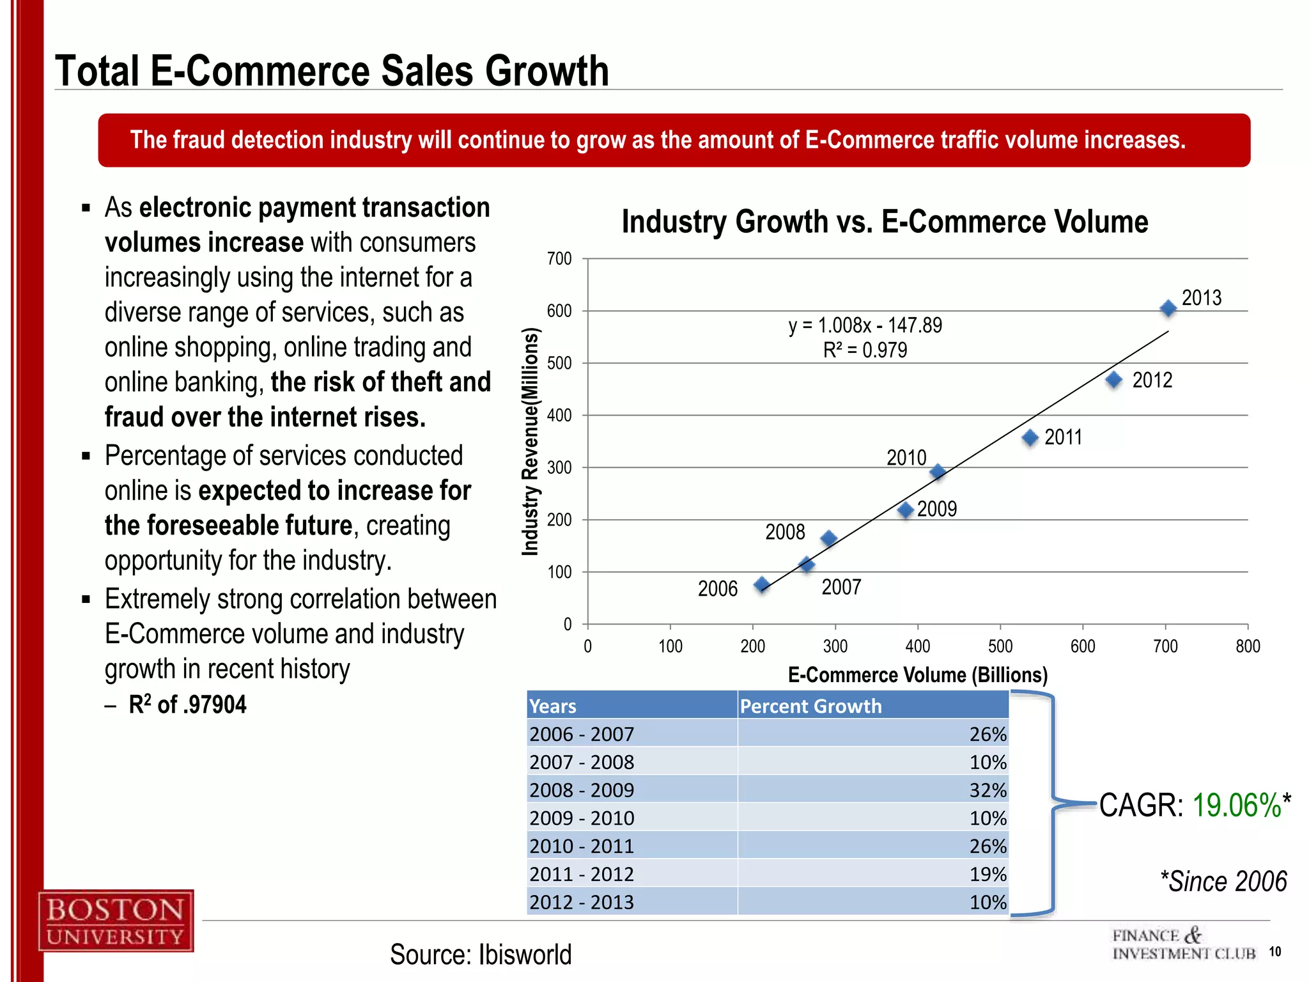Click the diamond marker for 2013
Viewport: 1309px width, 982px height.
pyautogui.click(x=1168, y=309)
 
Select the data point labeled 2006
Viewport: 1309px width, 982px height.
pyautogui.click(x=761, y=585)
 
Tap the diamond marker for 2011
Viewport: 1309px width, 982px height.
pyautogui.click(x=1030, y=438)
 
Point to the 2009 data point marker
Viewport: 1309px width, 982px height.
pyautogui.click(x=905, y=510)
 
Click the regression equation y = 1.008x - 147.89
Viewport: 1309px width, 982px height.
pyautogui.click(x=865, y=325)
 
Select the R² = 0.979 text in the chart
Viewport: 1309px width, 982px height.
pyautogui.click(x=865, y=350)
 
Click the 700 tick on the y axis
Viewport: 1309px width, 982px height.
pyautogui.click(x=559, y=259)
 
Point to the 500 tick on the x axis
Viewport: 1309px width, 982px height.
pyautogui.click(x=1000, y=646)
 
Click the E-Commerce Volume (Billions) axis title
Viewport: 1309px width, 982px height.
pyautogui.click(x=917, y=675)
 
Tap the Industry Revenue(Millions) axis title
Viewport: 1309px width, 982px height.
pyautogui.click(x=531, y=441)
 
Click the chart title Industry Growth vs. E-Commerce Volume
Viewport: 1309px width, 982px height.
pyautogui.click(x=885, y=222)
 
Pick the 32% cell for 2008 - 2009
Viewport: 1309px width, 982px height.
pyautogui.click(x=988, y=790)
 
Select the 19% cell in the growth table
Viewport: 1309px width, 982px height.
pyautogui.click(x=988, y=874)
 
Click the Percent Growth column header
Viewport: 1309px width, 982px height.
pyautogui.click(x=810, y=706)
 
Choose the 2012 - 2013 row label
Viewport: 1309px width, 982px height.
pyautogui.click(x=582, y=902)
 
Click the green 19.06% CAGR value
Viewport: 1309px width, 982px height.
pyautogui.click(x=1237, y=805)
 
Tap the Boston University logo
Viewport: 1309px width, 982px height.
pyautogui.click(x=116, y=921)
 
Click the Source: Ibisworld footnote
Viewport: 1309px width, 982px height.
pyautogui.click(x=481, y=955)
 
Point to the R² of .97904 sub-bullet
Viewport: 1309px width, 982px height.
pyautogui.click(x=187, y=705)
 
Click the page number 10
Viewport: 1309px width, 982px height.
pyautogui.click(x=1274, y=951)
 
